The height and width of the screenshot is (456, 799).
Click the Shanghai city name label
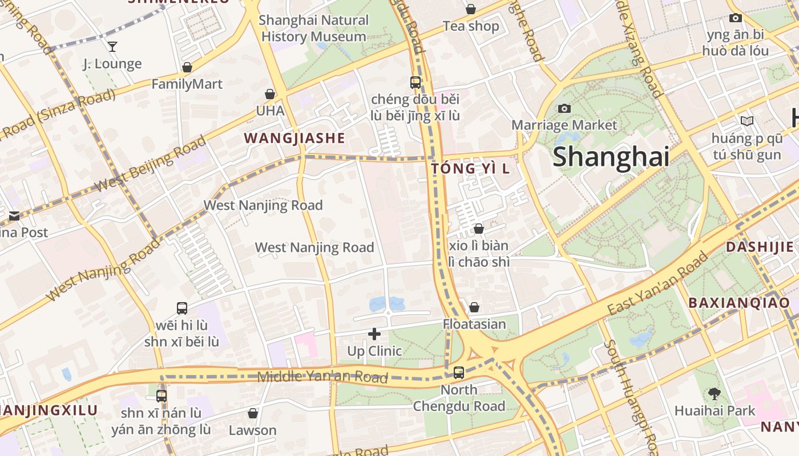(611, 156)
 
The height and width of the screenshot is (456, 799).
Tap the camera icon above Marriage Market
(564, 108)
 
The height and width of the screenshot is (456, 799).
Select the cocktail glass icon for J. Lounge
(112, 46)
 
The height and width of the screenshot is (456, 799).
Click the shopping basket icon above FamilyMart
(187, 67)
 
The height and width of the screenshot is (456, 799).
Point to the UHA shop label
(270, 111)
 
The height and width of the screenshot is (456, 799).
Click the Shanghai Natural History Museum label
(313, 28)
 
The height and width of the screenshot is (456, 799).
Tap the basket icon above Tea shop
(471, 9)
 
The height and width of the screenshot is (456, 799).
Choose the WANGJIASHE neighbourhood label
(294, 138)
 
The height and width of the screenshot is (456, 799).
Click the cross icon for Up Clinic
(374, 334)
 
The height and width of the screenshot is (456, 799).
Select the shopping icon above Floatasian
(474, 307)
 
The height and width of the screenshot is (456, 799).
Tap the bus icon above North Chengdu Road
(458, 373)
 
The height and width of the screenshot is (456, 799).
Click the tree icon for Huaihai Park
(714, 393)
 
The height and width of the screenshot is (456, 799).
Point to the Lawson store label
(252, 430)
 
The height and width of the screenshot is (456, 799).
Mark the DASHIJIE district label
(759, 247)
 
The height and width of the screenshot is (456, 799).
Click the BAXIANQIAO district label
(739, 303)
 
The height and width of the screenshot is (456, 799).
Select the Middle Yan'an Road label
(322, 376)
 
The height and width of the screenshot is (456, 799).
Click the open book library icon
(746, 121)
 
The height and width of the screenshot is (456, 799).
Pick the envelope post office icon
(14, 216)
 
